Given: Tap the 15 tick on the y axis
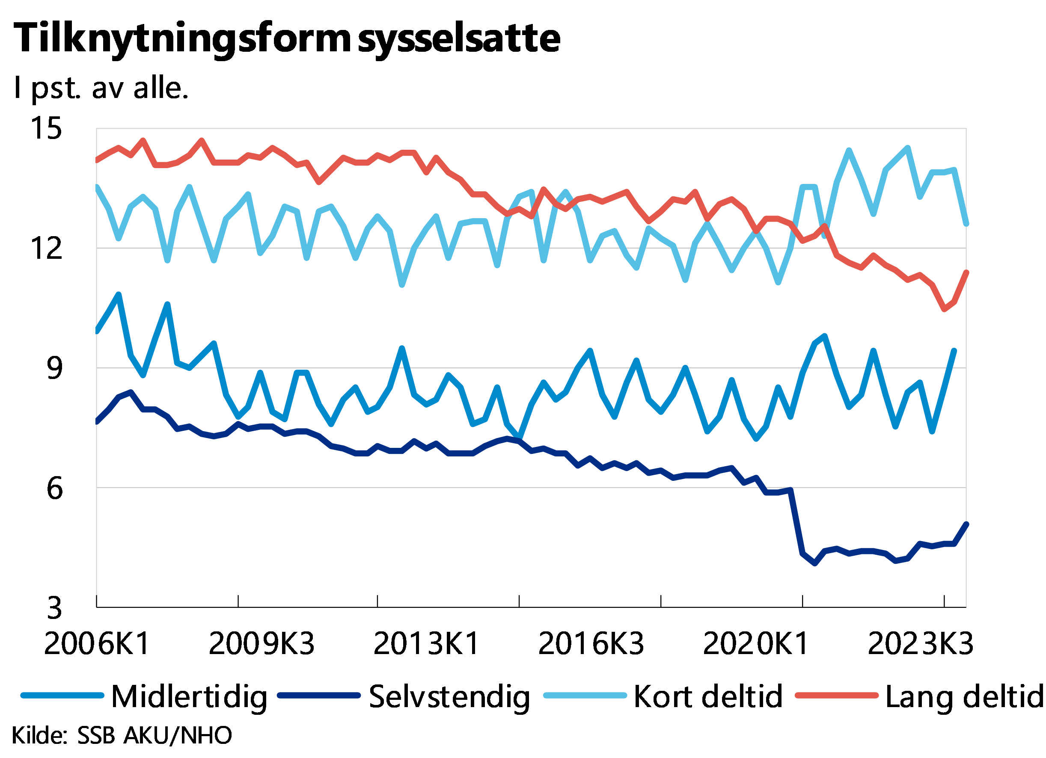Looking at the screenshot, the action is [46, 128].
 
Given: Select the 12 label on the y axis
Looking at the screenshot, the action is [46, 248].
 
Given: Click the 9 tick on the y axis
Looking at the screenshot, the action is [54, 368].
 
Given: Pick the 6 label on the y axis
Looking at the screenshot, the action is [54, 488].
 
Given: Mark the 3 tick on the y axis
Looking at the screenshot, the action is [54, 608].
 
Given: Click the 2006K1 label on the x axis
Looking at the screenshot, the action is [97, 644].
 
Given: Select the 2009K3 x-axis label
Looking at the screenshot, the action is [261, 644].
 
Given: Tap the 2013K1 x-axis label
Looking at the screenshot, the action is [427, 644].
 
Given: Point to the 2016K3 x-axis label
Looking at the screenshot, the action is [591, 644].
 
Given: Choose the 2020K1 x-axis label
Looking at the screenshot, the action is [756, 644].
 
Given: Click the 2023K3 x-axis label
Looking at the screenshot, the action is [921, 644].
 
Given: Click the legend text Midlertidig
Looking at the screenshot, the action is [190, 697].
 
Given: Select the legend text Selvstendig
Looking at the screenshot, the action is [450, 697].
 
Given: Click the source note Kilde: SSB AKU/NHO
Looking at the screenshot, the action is [122, 735].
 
